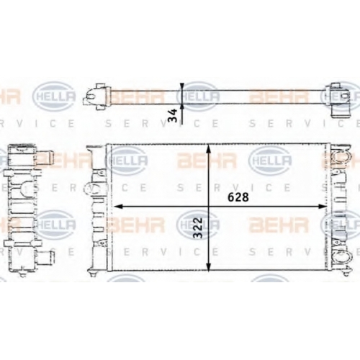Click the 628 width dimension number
tap(238, 197)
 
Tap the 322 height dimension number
tap(198, 228)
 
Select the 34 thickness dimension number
tap(173, 115)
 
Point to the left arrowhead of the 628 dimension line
tap(118, 206)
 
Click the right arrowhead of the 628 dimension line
tap(322, 206)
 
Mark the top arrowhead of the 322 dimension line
tap(209, 149)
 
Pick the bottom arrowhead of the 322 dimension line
tap(209, 266)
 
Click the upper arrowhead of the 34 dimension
tap(181, 86)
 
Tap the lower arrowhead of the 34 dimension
tap(181, 107)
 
